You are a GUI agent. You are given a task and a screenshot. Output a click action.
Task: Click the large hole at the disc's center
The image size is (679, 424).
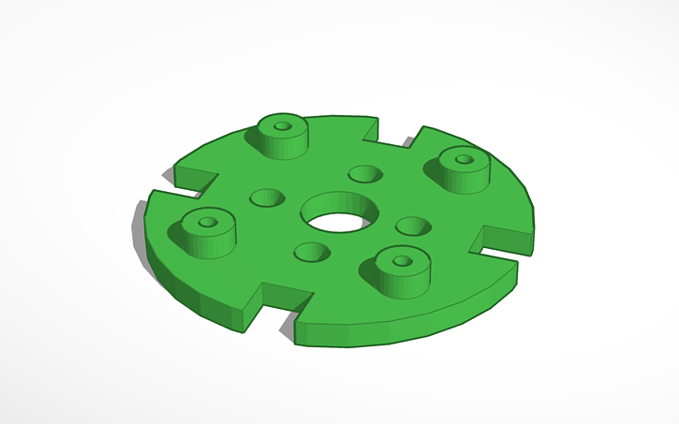coord(336,221)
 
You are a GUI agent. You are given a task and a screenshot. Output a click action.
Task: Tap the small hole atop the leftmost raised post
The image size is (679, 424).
coord(207,224)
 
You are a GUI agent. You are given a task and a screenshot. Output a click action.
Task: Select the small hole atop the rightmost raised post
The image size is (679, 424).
coord(463,159)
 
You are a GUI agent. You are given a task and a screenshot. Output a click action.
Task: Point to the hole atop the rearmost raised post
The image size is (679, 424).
coord(283,124)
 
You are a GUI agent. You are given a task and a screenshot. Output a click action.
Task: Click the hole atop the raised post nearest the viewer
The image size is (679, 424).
coord(403,261)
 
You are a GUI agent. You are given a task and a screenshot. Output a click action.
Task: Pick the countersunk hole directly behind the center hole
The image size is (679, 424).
coord(364,174)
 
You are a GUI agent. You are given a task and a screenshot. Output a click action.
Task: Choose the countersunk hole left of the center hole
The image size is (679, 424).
coord(266,198)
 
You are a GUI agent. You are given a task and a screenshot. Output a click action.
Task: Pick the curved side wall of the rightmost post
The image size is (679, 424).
coord(463,178)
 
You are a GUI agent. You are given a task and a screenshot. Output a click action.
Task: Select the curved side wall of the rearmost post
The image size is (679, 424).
coord(281,144)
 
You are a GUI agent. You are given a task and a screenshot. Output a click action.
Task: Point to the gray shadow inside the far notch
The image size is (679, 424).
coord(408,143)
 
